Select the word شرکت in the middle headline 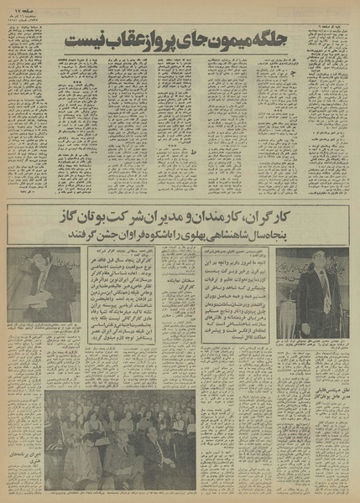tap(142, 217)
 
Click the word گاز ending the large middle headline tap(68, 217)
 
